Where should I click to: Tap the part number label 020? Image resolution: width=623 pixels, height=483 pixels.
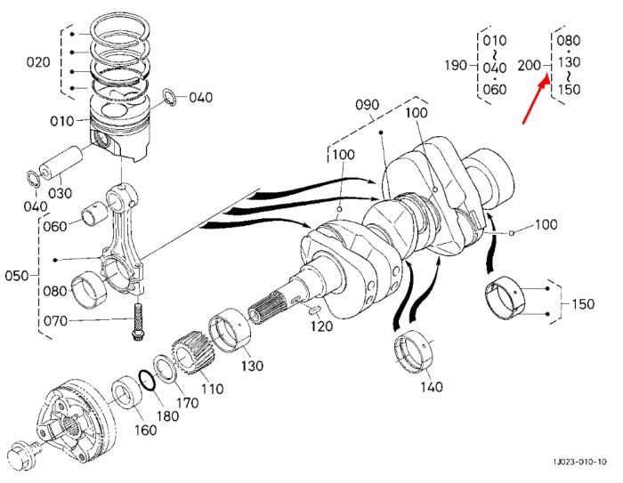pyautogui.click(x=38, y=62)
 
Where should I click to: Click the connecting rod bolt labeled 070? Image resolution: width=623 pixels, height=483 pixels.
pyautogui.click(x=137, y=322)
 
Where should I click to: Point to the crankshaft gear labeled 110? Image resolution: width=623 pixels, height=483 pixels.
pyautogui.click(x=193, y=353)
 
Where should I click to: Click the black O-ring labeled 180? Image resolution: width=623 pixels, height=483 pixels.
pyautogui.click(x=148, y=381)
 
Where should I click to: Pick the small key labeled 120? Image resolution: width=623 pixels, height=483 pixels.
pyautogui.click(x=315, y=309)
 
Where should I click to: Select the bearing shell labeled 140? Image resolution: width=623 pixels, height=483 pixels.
pyautogui.click(x=415, y=351)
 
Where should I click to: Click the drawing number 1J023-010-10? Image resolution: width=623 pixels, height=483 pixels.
pyautogui.click(x=580, y=462)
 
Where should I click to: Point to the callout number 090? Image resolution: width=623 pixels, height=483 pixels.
pyautogui.click(x=367, y=105)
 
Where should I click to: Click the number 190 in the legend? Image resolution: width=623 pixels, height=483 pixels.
pyautogui.click(x=456, y=65)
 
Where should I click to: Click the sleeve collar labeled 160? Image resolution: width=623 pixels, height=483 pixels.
pyautogui.click(x=126, y=394)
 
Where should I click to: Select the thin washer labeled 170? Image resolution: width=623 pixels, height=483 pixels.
pyautogui.click(x=165, y=368)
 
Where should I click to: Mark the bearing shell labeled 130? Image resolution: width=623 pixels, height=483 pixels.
pyautogui.click(x=230, y=331)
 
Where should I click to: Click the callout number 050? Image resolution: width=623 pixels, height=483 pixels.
pyautogui.click(x=17, y=276)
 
